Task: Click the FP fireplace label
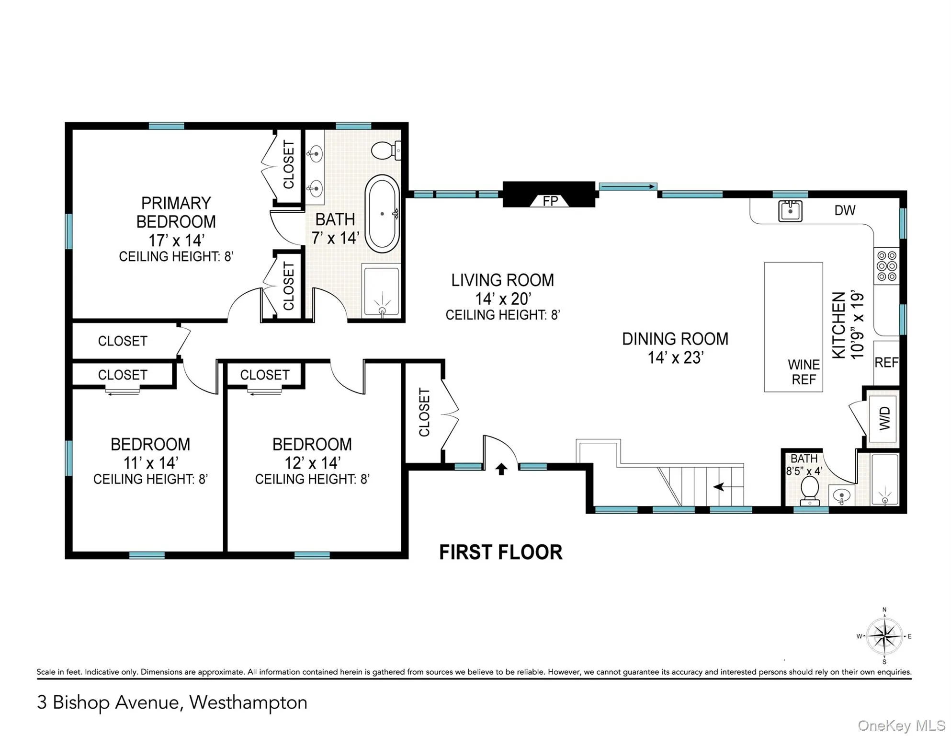click(x=550, y=201)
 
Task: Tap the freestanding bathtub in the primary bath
click(x=382, y=214)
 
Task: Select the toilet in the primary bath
click(x=385, y=150)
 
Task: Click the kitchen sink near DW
click(x=790, y=211)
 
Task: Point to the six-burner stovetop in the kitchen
click(x=886, y=266)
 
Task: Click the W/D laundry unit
click(x=884, y=418)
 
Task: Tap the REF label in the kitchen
click(x=886, y=363)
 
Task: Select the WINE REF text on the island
click(x=804, y=372)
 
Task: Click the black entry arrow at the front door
click(x=501, y=469)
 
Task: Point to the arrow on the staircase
click(x=724, y=487)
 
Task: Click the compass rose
click(x=884, y=636)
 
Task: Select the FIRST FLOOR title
click(x=500, y=552)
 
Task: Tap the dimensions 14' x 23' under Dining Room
click(x=675, y=357)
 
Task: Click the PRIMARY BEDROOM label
click(x=176, y=212)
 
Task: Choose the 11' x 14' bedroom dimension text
click(x=150, y=463)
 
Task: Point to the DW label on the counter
click(x=845, y=210)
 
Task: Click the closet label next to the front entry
click(x=424, y=412)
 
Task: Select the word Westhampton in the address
click(x=248, y=702)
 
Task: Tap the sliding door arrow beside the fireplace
click(x=628, y=186)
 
